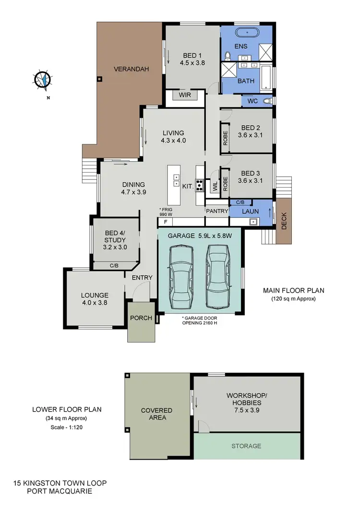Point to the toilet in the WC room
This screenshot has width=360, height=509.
coord(267,101)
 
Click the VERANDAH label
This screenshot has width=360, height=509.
coord(131,69)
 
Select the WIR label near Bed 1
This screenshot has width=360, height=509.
coord(185,95)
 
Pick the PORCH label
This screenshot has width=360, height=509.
coord(141,318)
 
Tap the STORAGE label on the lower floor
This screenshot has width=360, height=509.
coord(246,446)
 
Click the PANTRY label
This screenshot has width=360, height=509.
coord(217,211)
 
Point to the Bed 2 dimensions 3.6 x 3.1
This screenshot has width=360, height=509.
coord(251,135)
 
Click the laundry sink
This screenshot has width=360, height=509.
coord(252,222)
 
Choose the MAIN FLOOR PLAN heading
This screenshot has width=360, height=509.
coord(293,290)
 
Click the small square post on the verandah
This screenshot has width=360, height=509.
coord(99,79)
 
